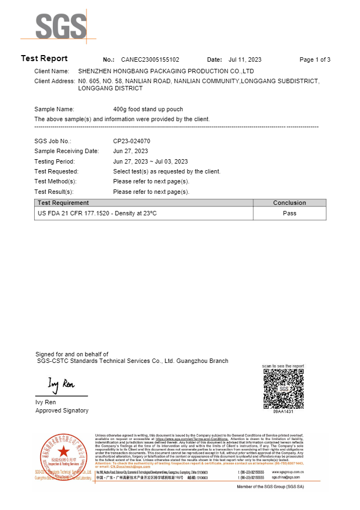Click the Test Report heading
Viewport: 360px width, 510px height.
coord(44,58)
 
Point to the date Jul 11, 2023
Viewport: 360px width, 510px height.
coord(245,59)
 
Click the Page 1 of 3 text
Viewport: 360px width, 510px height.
coord(315,59)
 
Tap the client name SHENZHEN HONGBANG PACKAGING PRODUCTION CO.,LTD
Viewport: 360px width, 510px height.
coord(166,71)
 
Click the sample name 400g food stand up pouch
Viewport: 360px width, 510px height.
coord(148,109)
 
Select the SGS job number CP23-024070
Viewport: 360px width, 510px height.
coord(132,141)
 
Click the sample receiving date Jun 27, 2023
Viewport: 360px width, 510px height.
coord(130,151)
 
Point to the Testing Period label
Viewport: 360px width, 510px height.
coord(54,161)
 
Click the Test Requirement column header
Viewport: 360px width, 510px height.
coord(63,203)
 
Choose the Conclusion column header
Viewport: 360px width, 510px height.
coord(290,203)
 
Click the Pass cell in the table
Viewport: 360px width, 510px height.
coord(290,213)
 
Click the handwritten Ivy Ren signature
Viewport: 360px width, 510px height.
coord(61,383)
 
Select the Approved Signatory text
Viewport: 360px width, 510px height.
coord(62,410)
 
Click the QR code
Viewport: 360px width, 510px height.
coord(283,389)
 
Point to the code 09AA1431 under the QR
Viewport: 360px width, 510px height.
coord(283,411)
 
